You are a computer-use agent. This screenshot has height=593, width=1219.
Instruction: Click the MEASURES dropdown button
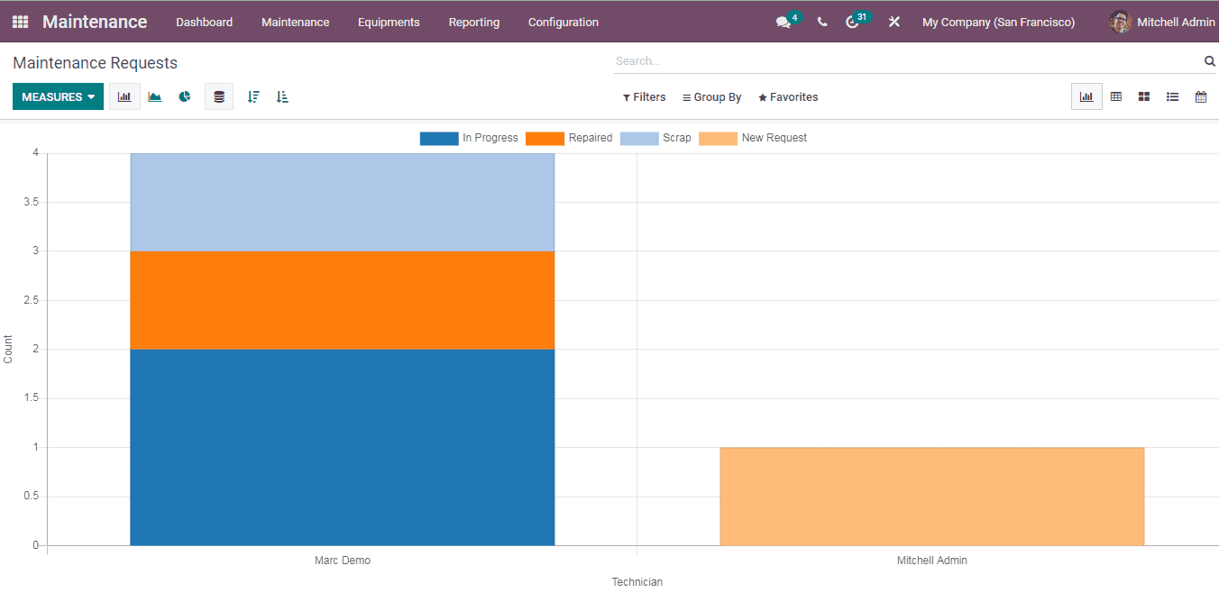coord(58,97)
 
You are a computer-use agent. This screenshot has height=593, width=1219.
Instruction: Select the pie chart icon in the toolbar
coord(185,97)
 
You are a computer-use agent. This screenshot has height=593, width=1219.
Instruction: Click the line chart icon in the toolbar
coord(155,97)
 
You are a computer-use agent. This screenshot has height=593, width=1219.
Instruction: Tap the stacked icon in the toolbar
coord(219,97)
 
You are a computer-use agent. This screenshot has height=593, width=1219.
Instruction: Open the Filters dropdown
coord(644,97)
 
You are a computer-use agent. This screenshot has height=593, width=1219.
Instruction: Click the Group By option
coord(711,97)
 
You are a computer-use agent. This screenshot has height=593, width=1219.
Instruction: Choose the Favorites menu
coord(788,97)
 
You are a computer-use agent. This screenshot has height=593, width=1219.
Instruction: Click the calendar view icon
coord(1201,97)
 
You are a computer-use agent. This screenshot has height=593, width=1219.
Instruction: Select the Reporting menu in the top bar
coord(473,23)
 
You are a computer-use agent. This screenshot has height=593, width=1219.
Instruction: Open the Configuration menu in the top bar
coord(563,23)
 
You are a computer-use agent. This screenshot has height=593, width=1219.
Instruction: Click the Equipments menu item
coord(389,23)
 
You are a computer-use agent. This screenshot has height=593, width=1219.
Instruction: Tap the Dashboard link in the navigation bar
coord(204,23)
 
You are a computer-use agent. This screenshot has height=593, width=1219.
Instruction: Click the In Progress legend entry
coord(469,139)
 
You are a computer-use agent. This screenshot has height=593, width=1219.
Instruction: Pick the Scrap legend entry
coord(656,139)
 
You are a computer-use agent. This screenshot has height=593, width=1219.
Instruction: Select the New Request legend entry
coord(753,139)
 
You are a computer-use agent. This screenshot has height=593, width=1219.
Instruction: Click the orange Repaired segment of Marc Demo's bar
coord(342,300)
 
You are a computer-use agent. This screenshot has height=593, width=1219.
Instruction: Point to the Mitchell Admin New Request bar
coord(931,497)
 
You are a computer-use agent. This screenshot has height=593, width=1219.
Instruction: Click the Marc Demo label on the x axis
coord(342,561)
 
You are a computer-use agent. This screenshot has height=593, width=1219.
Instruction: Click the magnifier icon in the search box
coord(1209,61)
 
